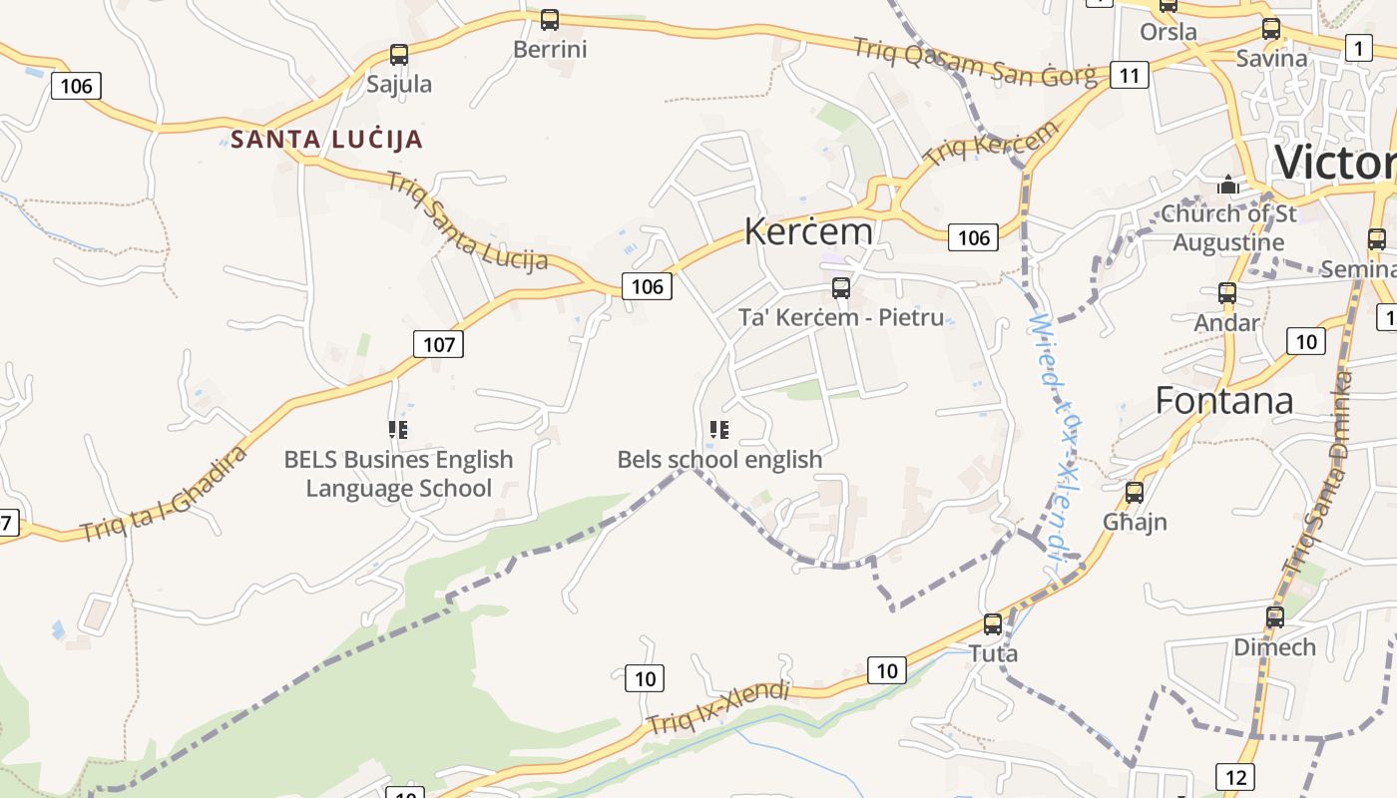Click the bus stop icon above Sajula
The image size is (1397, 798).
point(399,55)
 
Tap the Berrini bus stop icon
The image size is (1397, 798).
point(550,20)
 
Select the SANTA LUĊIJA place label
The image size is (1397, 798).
point(327,140)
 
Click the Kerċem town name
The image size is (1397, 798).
point(808,231)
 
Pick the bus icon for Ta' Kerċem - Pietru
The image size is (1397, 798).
point(841,288)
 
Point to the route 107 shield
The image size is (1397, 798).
point(438,344)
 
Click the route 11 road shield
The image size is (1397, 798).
point(1129,75)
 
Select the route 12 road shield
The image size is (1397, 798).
point(1235,777)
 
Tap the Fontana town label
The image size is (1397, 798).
point(1224,400)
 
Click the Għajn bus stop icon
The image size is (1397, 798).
point(1135,492)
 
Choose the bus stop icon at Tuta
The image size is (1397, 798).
point(993,624)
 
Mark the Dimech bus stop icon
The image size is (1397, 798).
point(1275,617)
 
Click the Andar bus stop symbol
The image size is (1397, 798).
point(1227,293)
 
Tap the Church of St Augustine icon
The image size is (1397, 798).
point(1227,186)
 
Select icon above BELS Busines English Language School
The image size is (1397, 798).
point(398,430)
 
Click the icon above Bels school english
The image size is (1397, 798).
point(718,430)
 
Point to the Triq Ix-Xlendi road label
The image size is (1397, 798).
point(718,707)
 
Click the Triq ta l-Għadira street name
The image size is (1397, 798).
point(165,495)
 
